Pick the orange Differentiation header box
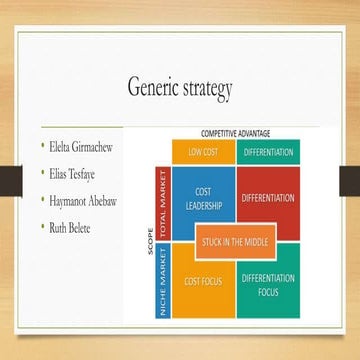tap(267, 152)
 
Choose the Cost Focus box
tap(203, 282)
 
